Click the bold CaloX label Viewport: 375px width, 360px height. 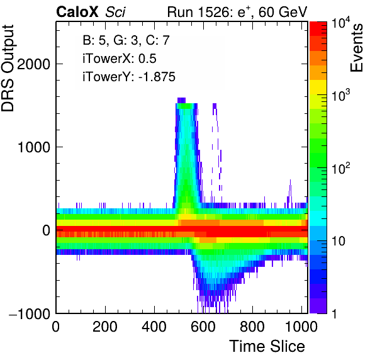[77, 12]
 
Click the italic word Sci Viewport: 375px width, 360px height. [115, 12]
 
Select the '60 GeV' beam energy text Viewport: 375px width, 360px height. [283, 12]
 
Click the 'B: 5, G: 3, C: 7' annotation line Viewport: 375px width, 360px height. [126, 40]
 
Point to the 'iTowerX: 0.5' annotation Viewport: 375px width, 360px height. [120, 59]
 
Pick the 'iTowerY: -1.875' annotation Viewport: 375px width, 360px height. [129, 77]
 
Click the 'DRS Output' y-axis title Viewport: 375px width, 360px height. [8, 68]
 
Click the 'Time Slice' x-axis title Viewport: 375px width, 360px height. [267, 346]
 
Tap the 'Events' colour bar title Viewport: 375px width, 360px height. [356, 48]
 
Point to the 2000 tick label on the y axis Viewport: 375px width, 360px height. [33, 64]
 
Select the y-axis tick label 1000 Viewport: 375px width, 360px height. [34, 147]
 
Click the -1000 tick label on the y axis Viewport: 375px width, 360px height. [30, 313]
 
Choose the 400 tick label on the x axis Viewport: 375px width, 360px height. [154, 326]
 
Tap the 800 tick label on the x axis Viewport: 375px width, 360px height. [252, 326]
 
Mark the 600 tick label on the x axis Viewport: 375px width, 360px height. [203, 326]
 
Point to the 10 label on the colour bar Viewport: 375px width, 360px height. [339, 241]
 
